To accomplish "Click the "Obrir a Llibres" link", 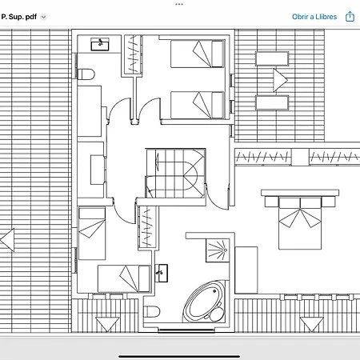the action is click(x=314, y=17).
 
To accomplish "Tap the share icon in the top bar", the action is click(x=350, y=16).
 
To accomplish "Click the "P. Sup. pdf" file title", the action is click(x=19, y=17).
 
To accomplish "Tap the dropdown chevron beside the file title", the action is click(x=43, y=17).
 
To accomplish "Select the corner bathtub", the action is click(x=205, y=301).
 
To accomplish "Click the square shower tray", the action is click(x=218, y=250).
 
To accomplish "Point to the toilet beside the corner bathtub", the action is click(x=152, y=311).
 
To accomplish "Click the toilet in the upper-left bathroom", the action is click(x=86, y=74).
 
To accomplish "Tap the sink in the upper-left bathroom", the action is click(x=100, y=44).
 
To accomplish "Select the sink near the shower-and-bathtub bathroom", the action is click(x=161, y=273).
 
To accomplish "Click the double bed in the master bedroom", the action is click(x=300, y=219).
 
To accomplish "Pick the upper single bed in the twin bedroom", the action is click(x=198, y=54).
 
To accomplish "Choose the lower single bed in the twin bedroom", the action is click(x=198, y=105).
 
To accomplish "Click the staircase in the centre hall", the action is click(x=175, y=174).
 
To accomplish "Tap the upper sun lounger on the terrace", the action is click(x=272, y=58).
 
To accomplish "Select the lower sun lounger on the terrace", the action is click(x=272, y=102).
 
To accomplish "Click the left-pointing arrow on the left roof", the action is click(x=7, y=240).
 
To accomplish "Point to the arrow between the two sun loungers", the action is click(x=280, y=80).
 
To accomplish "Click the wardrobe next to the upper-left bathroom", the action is click(x=133, y=55).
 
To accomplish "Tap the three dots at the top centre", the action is click(x=179, y=4).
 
